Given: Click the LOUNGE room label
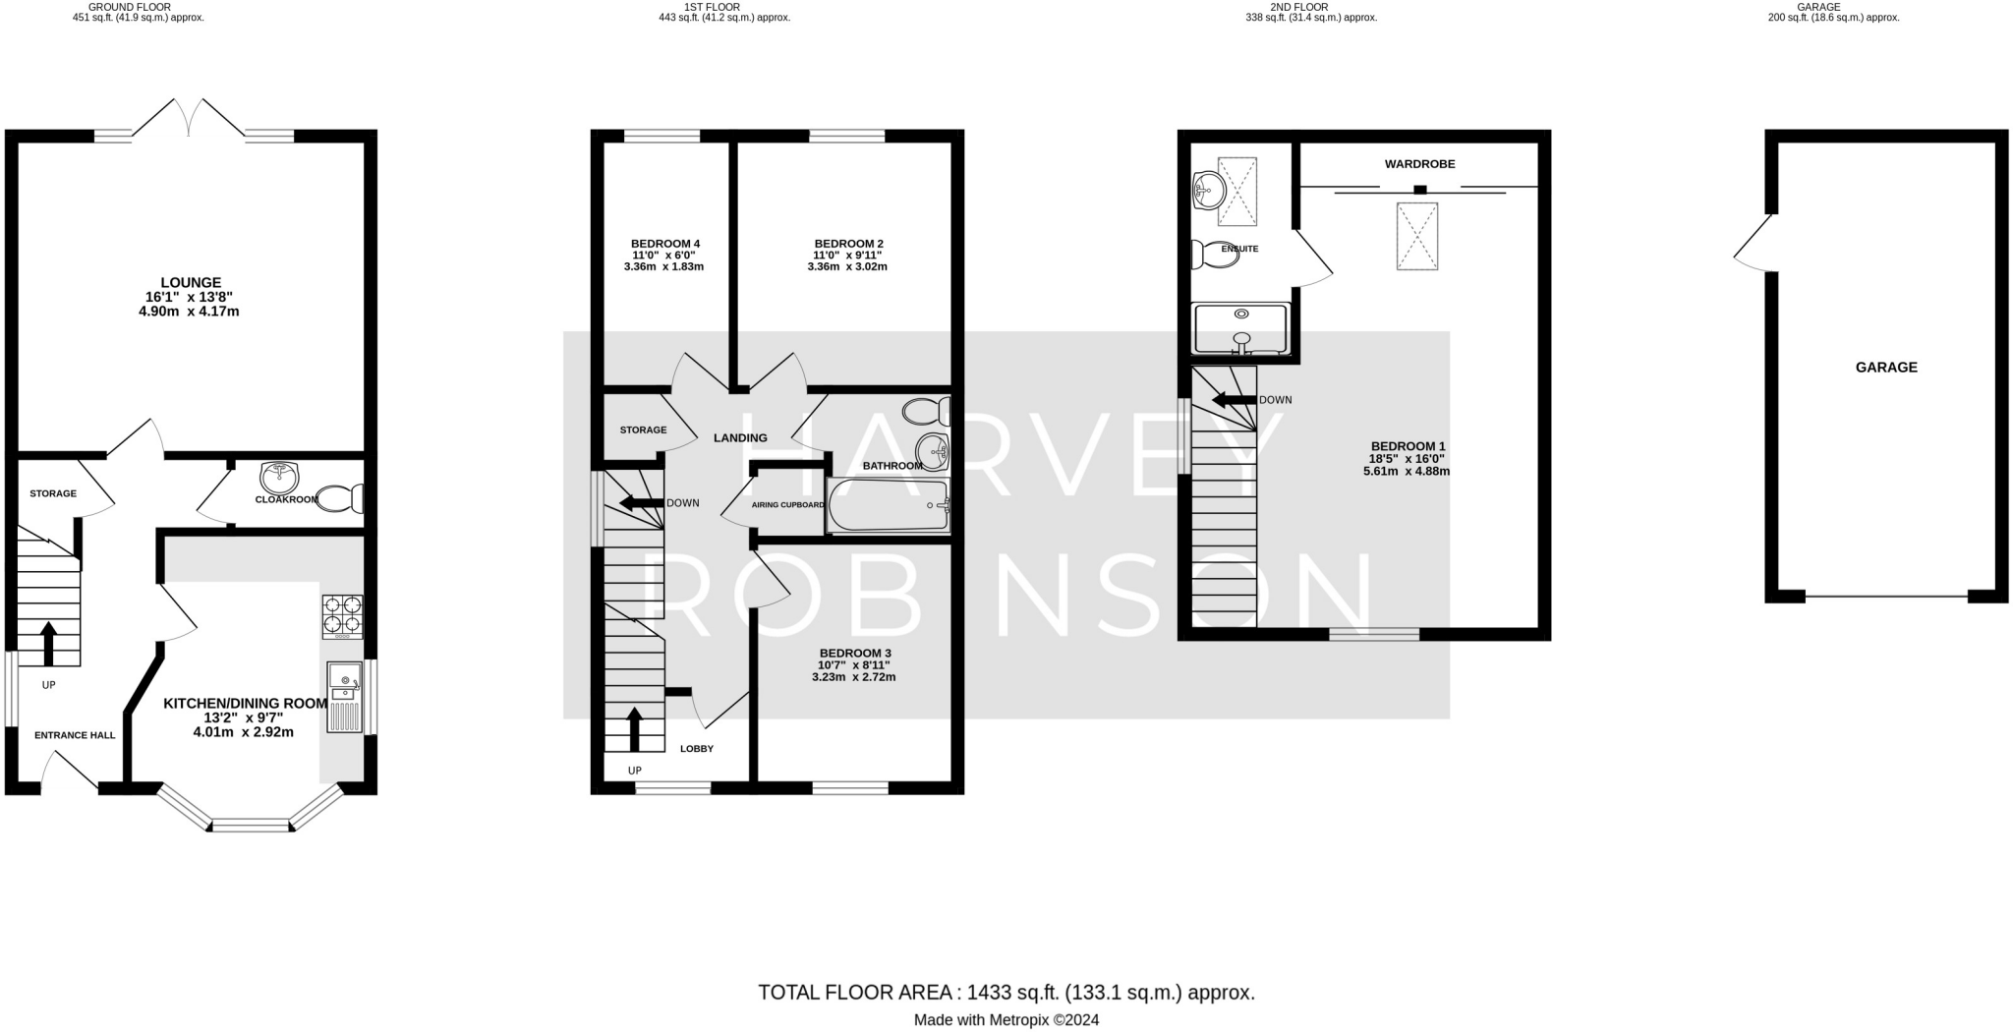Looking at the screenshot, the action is coord(191,283).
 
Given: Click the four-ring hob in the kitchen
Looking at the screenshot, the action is coord(342,616).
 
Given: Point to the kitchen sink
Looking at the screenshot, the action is coord(344,697).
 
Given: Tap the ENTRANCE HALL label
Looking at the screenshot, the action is coord(75,735).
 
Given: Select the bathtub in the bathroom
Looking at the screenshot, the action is coord(889,505).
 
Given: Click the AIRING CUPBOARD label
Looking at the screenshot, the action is coord(788,505).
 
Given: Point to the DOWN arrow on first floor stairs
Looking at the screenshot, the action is coord(641,503).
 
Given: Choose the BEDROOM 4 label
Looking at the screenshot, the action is coord(665,244).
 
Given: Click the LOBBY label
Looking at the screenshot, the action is coord(697,749).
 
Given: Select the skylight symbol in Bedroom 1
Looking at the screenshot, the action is coord(1417,236).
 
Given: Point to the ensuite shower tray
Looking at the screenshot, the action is coord(1240,328).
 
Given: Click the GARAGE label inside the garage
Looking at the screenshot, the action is coord(1886,368).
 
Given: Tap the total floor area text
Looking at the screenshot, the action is coord(1006,993).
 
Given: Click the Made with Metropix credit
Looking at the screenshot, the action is coord(1006,1020).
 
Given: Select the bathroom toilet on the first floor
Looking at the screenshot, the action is coord(927,411).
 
